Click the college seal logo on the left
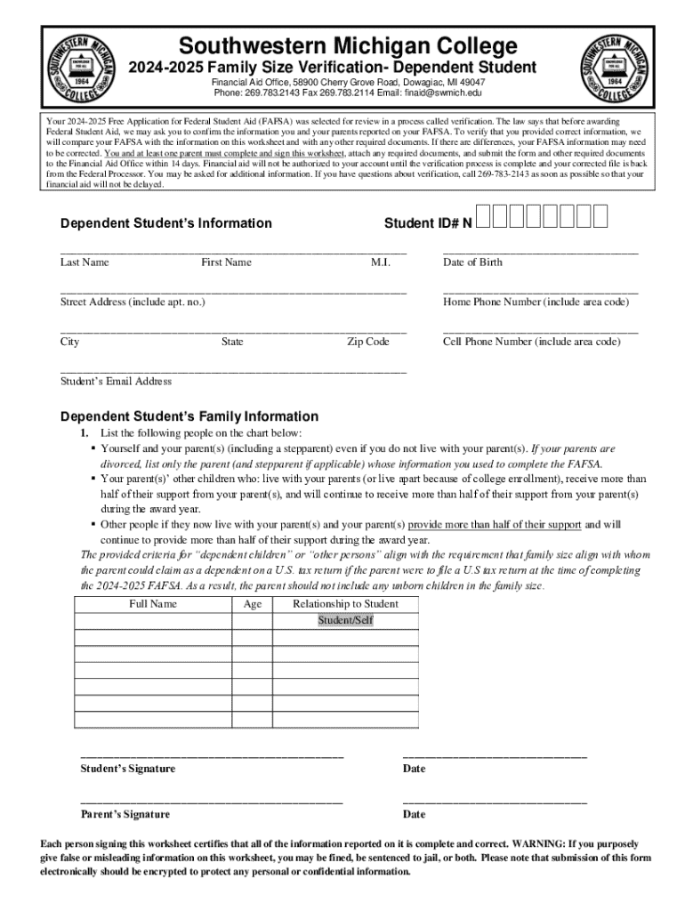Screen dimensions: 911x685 [x=82, y=66]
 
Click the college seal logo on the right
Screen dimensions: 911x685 [x=614, y=66]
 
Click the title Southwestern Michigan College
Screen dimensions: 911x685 [x=347, y=45]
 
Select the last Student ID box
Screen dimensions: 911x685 [x=600, y=217]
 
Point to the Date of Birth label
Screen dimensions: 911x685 [x=472, y=262]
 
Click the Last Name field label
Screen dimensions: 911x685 [x=85, y=262]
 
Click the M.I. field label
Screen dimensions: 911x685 [x=381, y=262]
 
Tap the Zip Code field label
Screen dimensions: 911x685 [x=367, y=342]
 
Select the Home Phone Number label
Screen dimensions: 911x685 [x=536, y=302]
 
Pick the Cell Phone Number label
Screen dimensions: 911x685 [x=531, y=342]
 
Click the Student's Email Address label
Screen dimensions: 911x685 [x=116, y=382]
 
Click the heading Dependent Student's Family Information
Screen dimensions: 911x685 [x=189, y=416]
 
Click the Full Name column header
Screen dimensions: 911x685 [x=153, y=604]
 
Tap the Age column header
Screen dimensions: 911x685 [x=253, y=604]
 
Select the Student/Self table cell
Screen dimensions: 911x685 [x=346, y=620]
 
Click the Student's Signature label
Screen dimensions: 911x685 [x=128, y=769]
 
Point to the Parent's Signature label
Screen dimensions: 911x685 [x=125, y=814]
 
